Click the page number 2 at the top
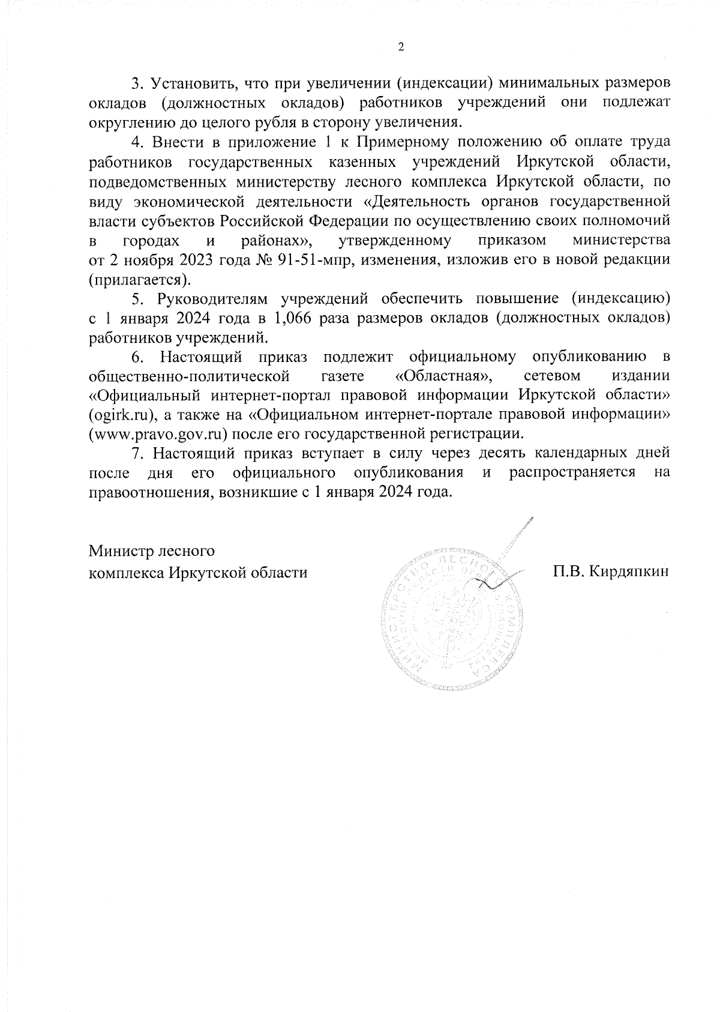(401, 48)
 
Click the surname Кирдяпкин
(629, 571)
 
